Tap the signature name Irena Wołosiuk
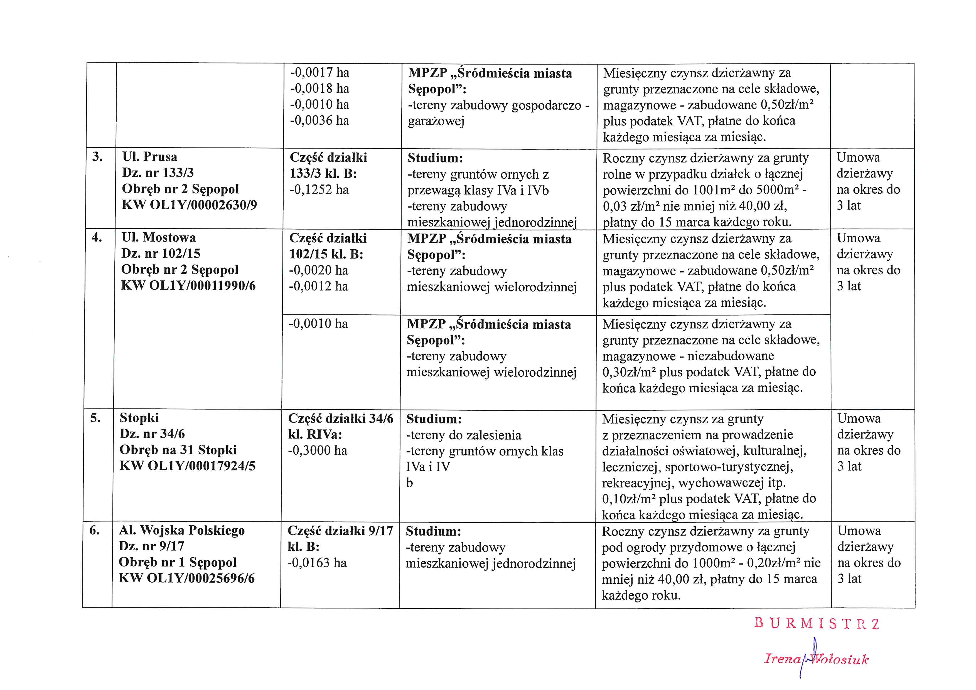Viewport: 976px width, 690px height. (816, 659)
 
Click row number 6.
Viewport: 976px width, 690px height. (95, 530)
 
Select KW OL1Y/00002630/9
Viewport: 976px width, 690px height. (189, 205)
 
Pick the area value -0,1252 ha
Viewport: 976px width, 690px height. (319, 189)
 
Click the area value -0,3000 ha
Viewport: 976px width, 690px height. (318, 450)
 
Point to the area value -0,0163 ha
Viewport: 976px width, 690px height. (317, 563)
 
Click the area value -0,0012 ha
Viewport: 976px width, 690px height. (318, 286)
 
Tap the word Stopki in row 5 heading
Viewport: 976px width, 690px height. (139, 418)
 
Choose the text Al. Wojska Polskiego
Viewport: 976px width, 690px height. (181, 530)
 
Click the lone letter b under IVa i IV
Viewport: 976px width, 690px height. (409, 483)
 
